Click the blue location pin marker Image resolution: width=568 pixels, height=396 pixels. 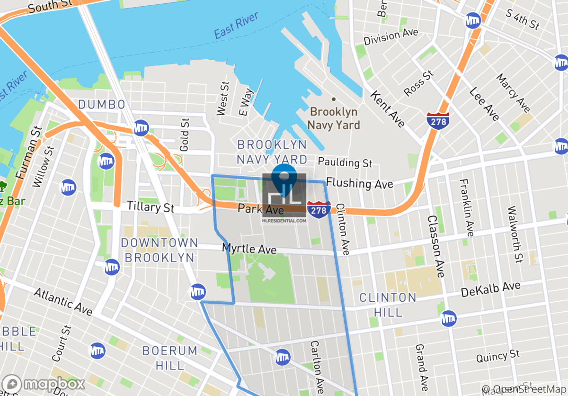click(x=284, y=175)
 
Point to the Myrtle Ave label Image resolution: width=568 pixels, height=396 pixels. click(x=249, y=249)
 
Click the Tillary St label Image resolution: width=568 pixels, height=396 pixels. click(x=151, y=207)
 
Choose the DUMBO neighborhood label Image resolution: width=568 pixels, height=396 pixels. click(x=102, y=104)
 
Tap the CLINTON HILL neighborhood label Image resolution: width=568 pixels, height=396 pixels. click(x=388, y=305)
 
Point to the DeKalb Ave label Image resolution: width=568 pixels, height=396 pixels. click(x=491, y=290)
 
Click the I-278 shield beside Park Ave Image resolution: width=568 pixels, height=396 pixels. click(x=319, y=209)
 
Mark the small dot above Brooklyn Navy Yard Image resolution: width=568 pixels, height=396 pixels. click(x=334, y=99)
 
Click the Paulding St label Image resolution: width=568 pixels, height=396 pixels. click(x=345, y=162)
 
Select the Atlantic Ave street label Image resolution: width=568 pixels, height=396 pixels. click(x=63, y=301)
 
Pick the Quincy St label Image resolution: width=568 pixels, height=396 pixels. click(x=497, y=356)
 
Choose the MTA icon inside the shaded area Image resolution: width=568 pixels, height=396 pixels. click(x=283, y=356)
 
